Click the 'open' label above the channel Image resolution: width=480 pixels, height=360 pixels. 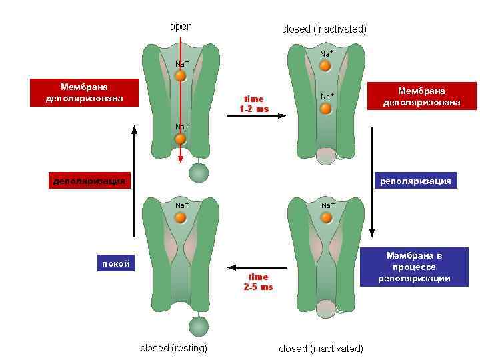(181, 27)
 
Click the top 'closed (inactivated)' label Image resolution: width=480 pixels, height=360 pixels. (324, 29)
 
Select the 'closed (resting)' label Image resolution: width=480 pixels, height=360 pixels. (173, 348)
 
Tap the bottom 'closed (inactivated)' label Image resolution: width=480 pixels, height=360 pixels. (321, 349)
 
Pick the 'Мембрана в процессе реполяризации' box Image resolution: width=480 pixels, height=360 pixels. (414, 267)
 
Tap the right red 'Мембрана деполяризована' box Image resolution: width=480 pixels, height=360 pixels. (421, 96)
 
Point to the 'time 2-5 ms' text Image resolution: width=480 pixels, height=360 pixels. (258, 282)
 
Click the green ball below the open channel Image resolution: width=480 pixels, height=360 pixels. (199, 173)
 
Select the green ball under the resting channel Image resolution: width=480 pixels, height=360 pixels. (198, 326)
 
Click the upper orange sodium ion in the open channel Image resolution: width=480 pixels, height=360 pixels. (180, 76)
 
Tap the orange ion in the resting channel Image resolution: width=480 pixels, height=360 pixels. (181, 217)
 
